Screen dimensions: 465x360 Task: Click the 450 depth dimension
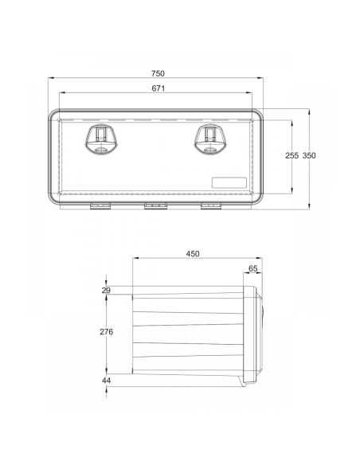(x=193, y=253)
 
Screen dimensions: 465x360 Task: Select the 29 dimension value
(x=106, y=291)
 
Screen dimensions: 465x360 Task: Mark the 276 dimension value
(x=106, y=331)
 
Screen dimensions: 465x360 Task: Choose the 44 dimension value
(x=106, y=381)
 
